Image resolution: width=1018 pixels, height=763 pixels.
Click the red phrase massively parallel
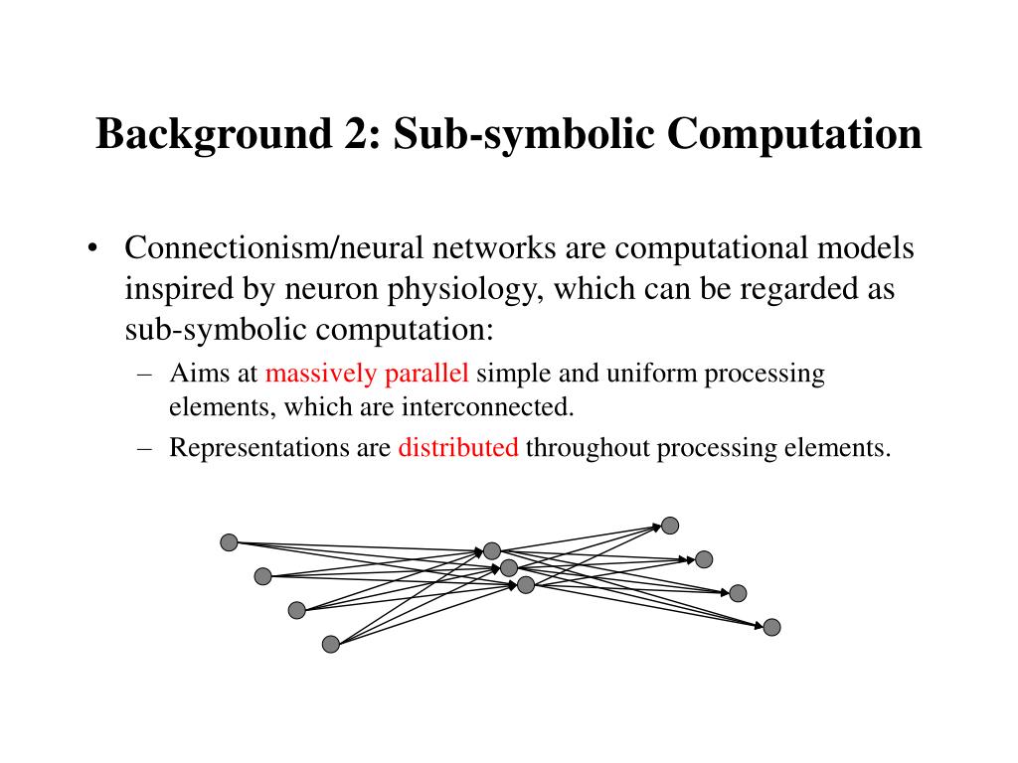click(x=367, y=374)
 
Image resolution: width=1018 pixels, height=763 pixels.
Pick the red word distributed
click(x=458, y=448)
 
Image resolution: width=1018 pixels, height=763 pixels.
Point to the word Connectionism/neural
click(x=263, y=248)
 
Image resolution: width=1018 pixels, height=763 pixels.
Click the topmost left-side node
click(x=229, y=541)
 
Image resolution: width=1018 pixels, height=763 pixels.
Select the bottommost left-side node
click(x=331, y=644)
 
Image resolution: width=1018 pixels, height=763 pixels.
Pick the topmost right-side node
click(x=670, y=525)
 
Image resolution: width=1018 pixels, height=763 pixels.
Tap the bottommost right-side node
click(x=771, y=627)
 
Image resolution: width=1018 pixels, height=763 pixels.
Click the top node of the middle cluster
click(x=492, y=550)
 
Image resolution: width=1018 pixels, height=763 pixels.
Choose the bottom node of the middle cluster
click(x=526, y=585)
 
